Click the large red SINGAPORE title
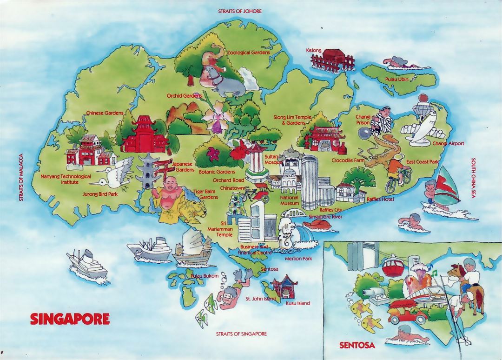tap(70, 319)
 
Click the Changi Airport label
tap(448, 144)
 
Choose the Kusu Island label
tap(298, 303)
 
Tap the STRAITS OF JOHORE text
tap(239, 11)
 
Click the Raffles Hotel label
tap(380, 199)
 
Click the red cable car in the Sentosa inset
tap(393, 268)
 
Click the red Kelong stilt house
tap(330, 59)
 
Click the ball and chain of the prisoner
tap(363, 133)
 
